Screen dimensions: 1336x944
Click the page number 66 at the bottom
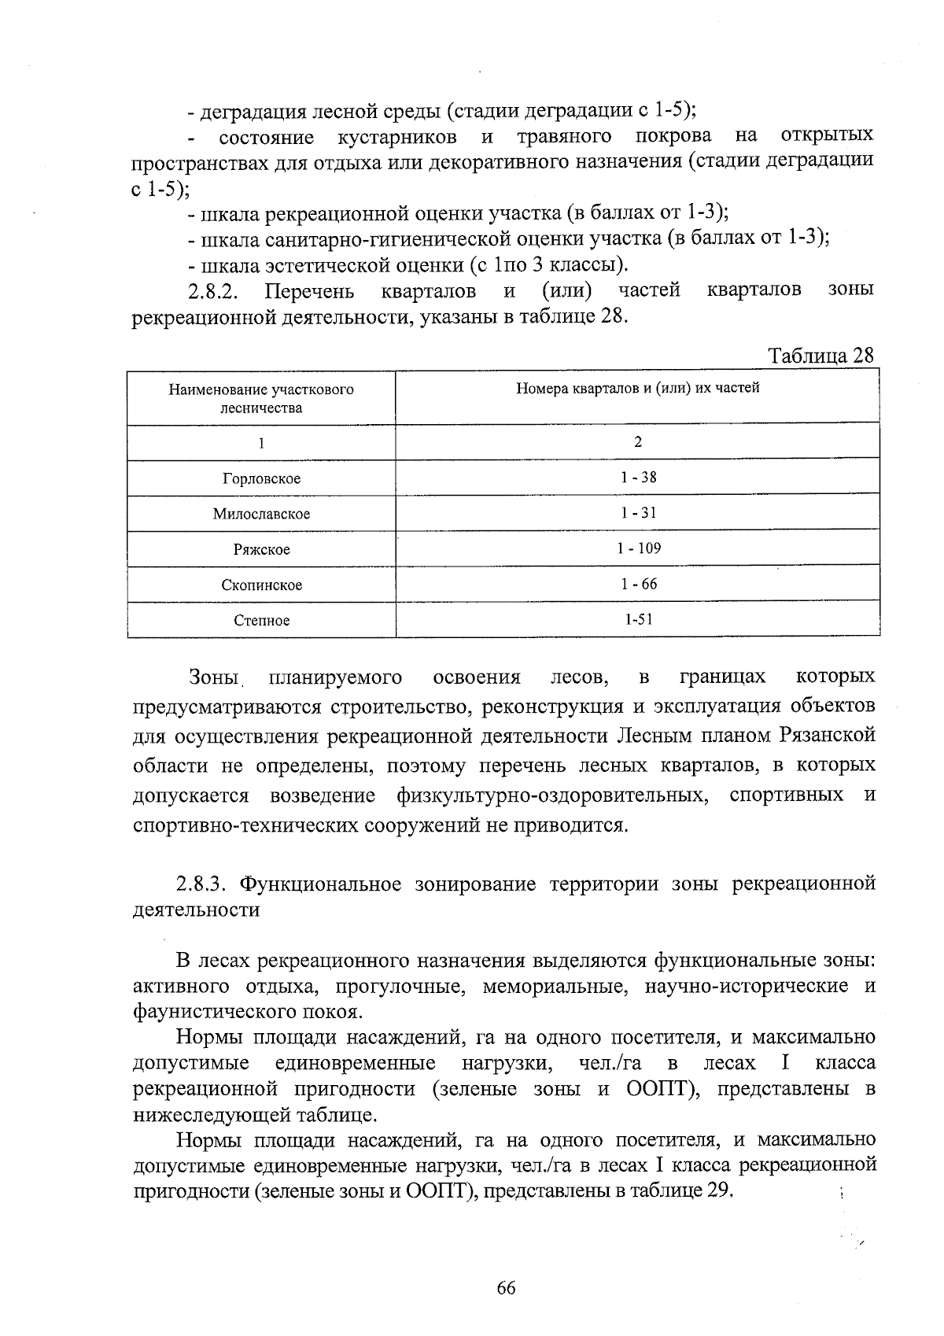pos(506,1288)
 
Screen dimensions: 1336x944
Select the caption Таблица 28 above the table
pos(821,356)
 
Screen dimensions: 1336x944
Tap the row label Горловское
pos(261,479)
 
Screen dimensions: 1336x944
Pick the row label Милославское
pos(261,515)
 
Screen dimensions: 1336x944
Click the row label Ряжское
pos(261,550)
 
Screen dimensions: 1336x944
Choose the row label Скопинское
pos(261,585)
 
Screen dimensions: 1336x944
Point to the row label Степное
pos(261,621)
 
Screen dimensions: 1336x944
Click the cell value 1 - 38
pos(638,478)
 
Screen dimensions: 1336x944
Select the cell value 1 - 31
pos(638,513)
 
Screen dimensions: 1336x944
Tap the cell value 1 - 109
pos(638,548)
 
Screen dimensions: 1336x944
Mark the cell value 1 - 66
pos(638,584)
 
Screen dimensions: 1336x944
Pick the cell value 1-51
pos(638,619)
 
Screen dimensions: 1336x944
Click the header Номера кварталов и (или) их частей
pos(638,388)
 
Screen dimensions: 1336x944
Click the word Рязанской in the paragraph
pos(828,736)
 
